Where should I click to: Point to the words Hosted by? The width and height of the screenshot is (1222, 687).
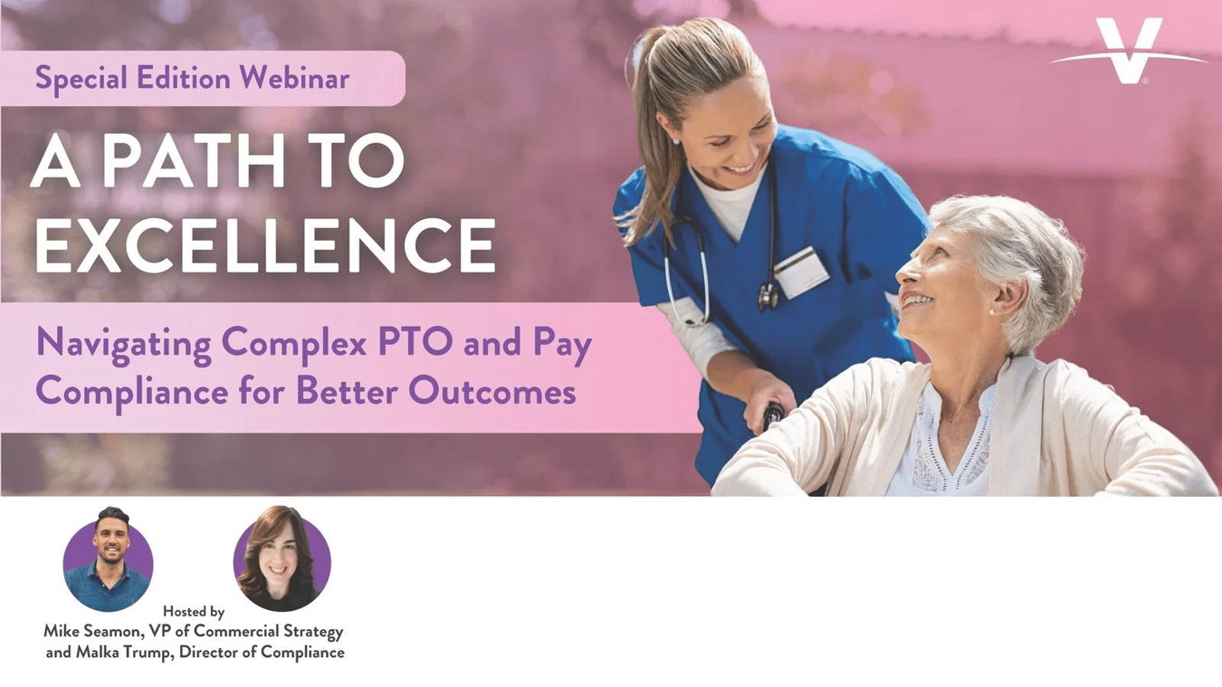pyautogui.click(x=194, y=612)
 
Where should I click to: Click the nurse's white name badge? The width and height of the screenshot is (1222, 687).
pyautogui.click(x=801, y=272)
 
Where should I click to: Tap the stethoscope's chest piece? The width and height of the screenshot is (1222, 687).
pyautogui.click(x=768, y=296)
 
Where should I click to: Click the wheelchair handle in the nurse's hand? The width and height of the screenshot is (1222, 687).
pyautogui.click(x=772, y=416)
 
